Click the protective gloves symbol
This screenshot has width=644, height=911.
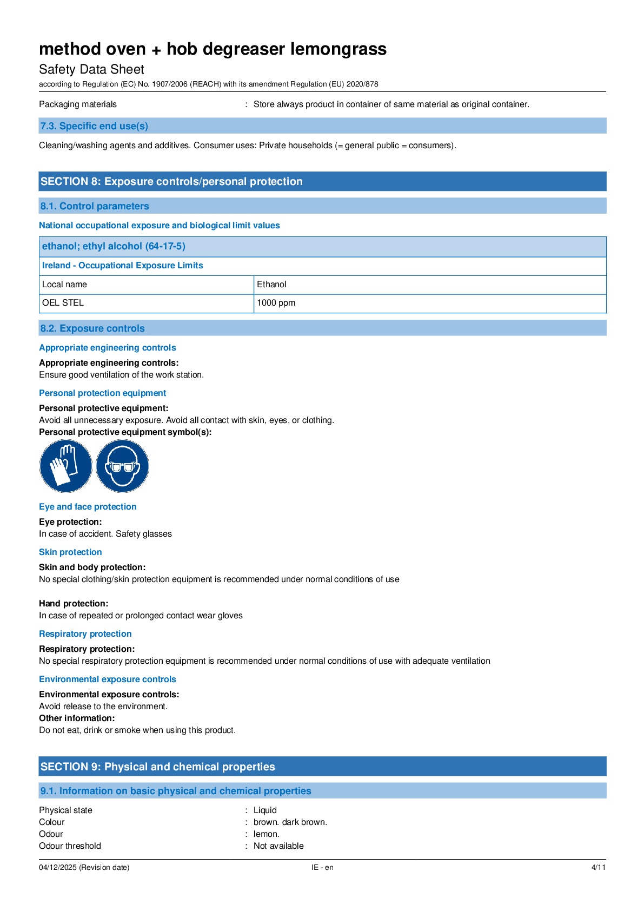tap(65, 466)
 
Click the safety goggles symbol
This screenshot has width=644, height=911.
tap(122, 466)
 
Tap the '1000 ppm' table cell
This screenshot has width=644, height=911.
tap(276, 303)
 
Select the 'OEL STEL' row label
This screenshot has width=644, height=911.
tap(63, 303)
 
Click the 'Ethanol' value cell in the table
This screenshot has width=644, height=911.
tap(271, 285)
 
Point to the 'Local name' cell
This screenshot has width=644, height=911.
tap(64, 285)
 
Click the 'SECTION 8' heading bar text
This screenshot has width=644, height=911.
tap(171, 182)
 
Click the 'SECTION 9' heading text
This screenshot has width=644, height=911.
tap(157, 767)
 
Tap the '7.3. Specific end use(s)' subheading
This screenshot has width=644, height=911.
tap(94, 126)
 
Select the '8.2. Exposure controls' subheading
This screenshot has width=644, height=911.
tap(92, 328)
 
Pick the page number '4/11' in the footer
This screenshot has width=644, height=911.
tap(598, 867)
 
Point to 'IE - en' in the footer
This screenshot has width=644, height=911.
tap(322, 867)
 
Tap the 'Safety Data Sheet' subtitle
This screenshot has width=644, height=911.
tap(91, 69)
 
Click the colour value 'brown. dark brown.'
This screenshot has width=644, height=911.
tap(290, 822)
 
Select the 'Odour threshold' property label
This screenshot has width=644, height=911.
tap(70, 846)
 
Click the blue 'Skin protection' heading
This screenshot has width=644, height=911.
tap(70, 552)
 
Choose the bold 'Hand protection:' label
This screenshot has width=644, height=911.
tap(74, 604)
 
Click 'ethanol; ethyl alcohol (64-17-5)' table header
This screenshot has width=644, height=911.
tap(114, 246)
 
